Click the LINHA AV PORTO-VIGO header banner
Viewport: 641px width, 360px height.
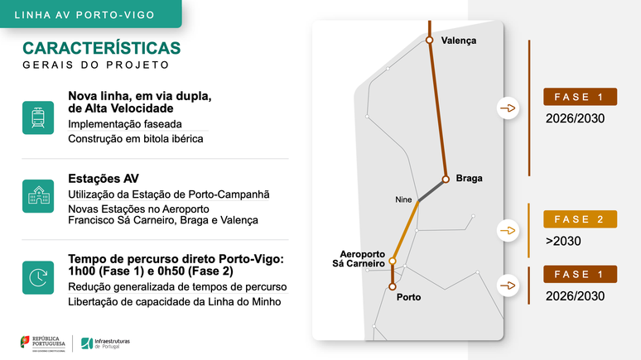(91, 14)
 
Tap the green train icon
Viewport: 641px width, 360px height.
(38, 118)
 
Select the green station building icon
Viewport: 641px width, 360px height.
(38, 196)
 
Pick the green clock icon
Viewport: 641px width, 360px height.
(38, 278)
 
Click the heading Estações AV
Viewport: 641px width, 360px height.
(104, 178)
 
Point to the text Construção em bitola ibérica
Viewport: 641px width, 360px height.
(136, 138)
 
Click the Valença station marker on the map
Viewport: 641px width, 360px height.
(429, 39)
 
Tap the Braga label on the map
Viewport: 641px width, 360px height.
(469, 178)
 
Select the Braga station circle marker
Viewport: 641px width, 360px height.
(446, 178)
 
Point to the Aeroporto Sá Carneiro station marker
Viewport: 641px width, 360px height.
(393, 261)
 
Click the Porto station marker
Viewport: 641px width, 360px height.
(392, 286)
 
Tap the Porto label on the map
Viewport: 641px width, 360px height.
(410, 296)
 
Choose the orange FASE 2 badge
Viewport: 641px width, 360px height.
(580, 219)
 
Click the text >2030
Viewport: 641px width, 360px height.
(563, 242)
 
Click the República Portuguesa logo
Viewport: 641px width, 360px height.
(46, 342)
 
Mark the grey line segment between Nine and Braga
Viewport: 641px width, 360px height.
(431, 190)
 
